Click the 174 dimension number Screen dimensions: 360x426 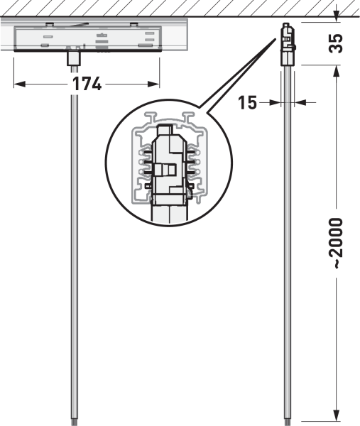click(87, 84)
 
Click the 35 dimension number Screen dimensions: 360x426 click(336, 43)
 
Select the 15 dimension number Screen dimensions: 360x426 click(247, 103)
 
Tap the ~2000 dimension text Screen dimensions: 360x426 click(336, 243)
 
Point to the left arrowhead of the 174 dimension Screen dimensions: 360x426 click(20, 84)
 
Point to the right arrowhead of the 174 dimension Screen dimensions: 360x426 click(153, 84)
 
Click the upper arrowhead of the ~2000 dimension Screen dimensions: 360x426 click(337, 70)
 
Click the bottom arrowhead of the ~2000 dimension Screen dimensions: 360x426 click(337, 415)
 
